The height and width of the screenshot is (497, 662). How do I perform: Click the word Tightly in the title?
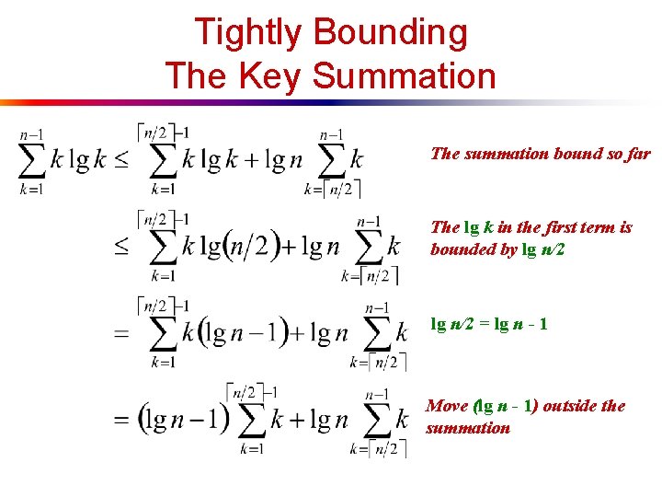click(247, 33)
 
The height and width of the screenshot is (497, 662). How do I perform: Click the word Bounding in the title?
click(390, 33)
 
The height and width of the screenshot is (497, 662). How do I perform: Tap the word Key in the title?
click(267, 75)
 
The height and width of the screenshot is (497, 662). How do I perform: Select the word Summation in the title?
click(404, 75)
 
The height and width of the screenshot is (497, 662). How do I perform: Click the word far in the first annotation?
click(636, 154)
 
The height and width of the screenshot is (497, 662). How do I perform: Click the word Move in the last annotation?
click(448, 406)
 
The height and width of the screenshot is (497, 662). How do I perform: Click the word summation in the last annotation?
click(467, 428)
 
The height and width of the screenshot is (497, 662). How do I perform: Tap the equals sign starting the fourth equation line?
click(120, 421)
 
